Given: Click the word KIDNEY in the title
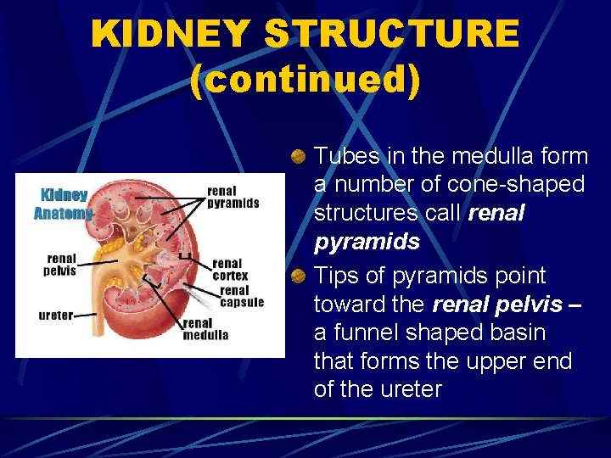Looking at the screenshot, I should click(171, 34).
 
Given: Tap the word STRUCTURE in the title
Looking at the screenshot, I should click(391, 34).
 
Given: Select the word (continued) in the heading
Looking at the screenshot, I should click(305, 81).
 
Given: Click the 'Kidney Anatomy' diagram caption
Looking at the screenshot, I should click(62, 204).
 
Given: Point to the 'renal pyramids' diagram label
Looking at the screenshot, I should click(233, 197).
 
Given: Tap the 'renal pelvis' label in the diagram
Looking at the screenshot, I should click(60, 265).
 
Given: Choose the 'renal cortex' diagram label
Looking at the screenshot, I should click(230, 269).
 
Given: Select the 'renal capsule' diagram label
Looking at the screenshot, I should click(242, 296).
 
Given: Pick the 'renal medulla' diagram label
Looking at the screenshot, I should click(205, 328).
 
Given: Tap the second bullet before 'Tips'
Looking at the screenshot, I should click(298, 276).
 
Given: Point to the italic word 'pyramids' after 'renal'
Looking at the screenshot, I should click(367, 242).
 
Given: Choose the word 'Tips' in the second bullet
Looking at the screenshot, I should click(335, 276).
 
